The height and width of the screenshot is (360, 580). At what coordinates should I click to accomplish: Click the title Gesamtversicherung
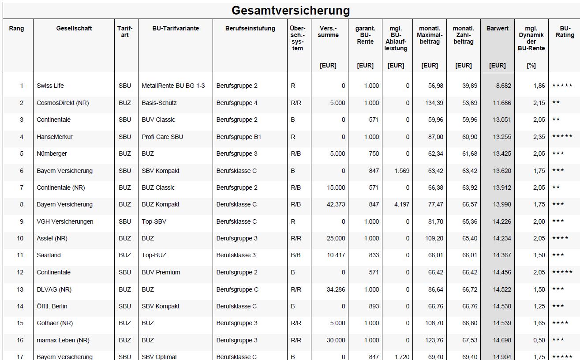tap(290, 10)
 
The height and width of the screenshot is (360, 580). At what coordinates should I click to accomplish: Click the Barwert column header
tap(497, 29)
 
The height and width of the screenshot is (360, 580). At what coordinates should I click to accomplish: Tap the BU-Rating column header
tap(565, 32)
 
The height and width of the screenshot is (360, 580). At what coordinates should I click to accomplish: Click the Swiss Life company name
tap(50, 86)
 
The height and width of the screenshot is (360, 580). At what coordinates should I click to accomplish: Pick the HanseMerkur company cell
tap(55, 137)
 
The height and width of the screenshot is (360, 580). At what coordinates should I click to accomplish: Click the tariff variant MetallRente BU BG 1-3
tap(173, 86)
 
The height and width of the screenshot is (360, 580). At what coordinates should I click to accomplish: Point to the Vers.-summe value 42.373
tap(336, 205)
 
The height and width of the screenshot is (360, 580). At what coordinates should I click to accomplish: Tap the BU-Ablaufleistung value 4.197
tap(402, 205)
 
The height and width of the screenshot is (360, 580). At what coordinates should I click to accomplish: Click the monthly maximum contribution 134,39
tap(429, 103)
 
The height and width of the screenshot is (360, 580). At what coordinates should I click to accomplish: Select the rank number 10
tap(20, 239)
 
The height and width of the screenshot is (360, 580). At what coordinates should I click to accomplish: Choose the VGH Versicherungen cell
tap(65, 221)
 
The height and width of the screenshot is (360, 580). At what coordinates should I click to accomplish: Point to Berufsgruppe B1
tap(239, 137)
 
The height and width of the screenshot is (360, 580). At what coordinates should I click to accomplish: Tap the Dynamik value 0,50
tap(539, 340)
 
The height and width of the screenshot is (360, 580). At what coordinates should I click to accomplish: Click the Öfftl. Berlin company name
tap(52, 306)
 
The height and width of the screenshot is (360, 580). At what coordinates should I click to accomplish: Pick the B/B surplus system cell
tap(296, 255)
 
